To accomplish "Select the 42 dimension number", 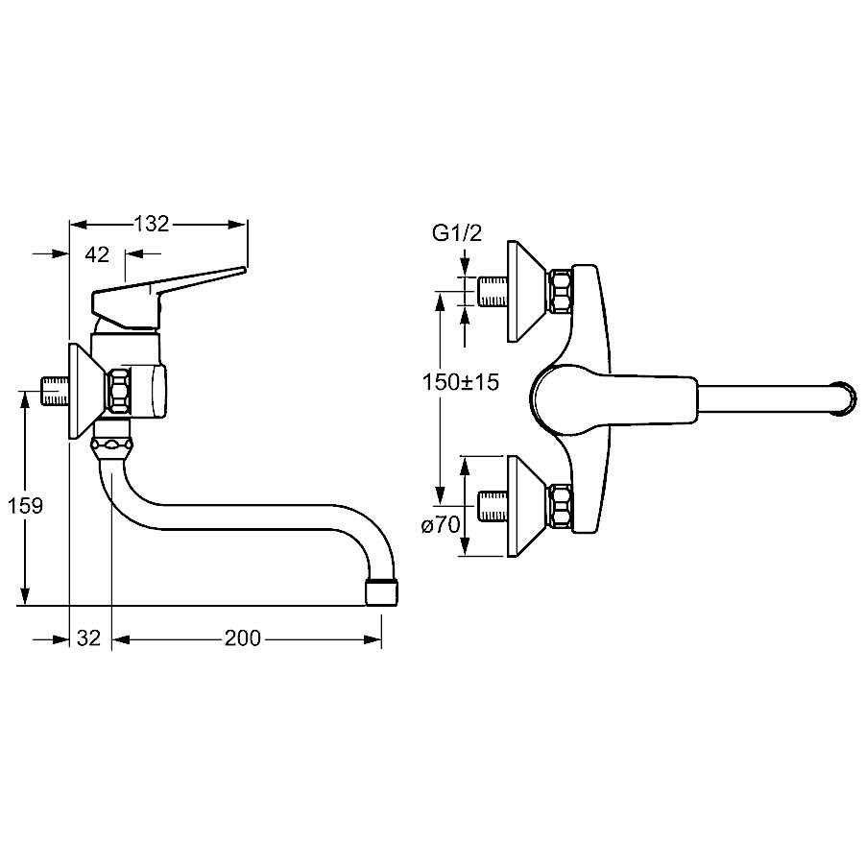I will click(x=97, y=254).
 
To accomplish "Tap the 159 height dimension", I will click(x=25, y=505).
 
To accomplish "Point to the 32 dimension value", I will click(x=89, y=637).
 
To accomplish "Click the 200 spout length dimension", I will click(x=242, y=637).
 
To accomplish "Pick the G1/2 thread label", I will click(x=455, y=233).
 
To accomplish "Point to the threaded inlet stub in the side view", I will click(x=54, y=392).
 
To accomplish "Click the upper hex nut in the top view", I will click(x=561, y=291).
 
